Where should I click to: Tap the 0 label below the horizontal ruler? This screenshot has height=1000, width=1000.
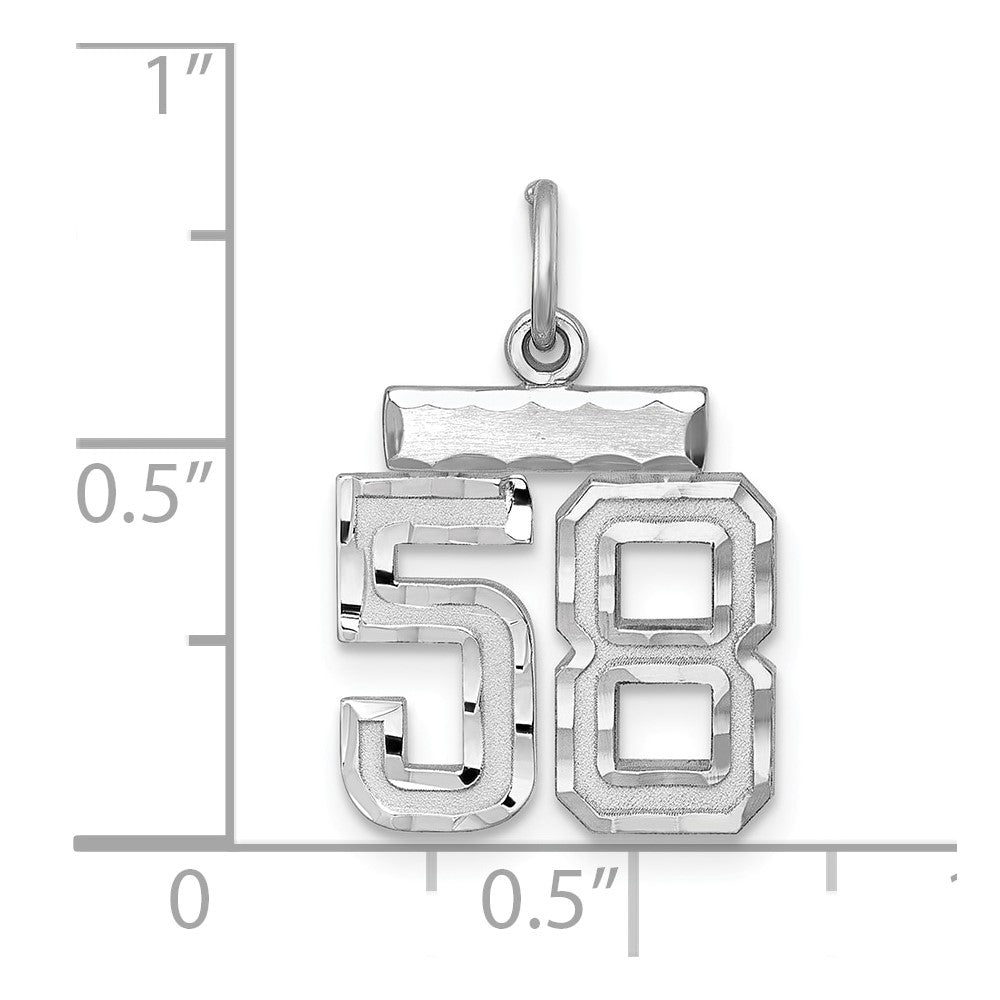[x=189, y=900]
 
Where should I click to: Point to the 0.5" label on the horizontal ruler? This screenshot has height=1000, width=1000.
[x=546, y=900]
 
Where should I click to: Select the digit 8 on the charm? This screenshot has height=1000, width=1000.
[x=665, y=655]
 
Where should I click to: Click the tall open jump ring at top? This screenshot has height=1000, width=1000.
[x=543, y=260]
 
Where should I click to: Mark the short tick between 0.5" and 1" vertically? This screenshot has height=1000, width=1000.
[x=208, y=235]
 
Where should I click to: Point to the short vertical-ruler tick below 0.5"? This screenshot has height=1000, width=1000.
[x=208, y=639]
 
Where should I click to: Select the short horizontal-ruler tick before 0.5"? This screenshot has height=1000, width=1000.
[x=431, y=870]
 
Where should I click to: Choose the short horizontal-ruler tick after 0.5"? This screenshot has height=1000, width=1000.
[x=830, y=870]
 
